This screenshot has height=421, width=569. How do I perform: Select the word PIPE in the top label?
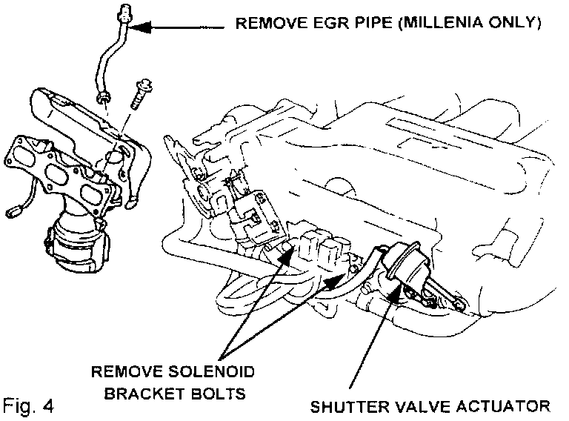[361, 23]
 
